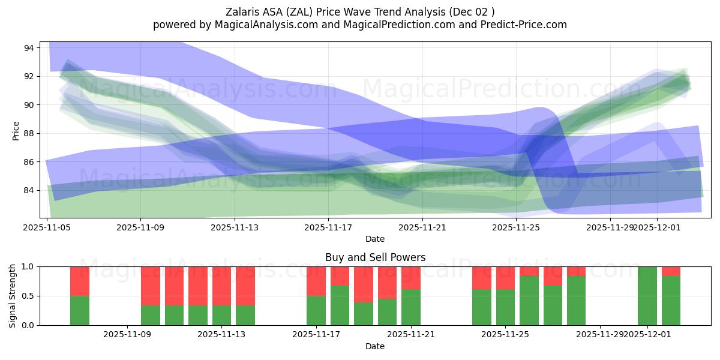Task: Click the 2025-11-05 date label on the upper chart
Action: [47, 228]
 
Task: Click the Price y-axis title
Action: [16, 130]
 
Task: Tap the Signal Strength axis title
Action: [13, 296]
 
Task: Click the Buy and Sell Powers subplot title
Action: [375, 257]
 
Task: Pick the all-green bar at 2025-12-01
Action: [647, 296]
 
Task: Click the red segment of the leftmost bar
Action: [80, 281]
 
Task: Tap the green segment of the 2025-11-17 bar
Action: [316, 310]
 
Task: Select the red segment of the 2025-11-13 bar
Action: [221, 286]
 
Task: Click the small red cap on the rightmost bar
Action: [671, 271]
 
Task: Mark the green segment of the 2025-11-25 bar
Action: [505, 307]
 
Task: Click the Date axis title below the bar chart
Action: [375, 346]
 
